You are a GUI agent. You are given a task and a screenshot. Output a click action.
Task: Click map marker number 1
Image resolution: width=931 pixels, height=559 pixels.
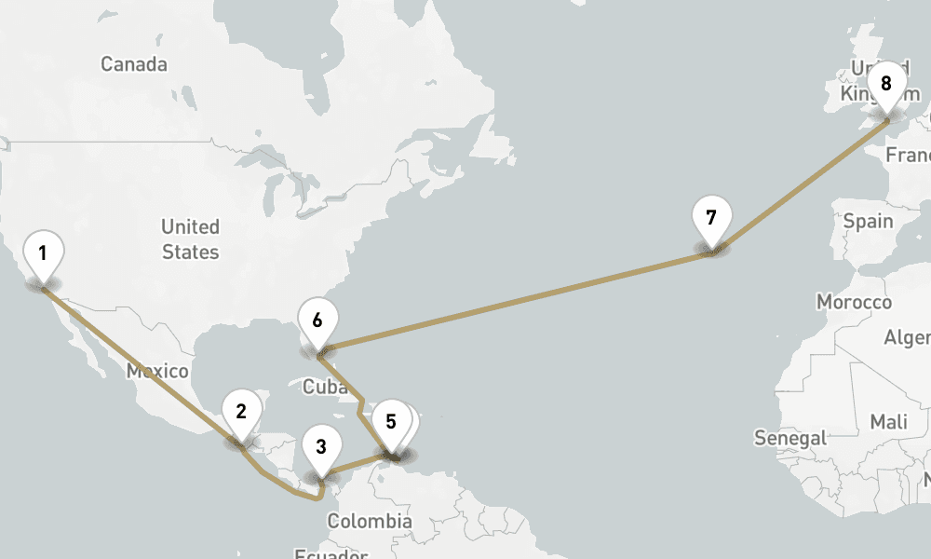[42, 253]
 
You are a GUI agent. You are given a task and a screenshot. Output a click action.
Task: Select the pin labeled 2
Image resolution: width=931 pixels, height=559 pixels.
[241, 411]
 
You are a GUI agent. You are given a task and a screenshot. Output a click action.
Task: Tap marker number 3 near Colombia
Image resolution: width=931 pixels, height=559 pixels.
[321, 446]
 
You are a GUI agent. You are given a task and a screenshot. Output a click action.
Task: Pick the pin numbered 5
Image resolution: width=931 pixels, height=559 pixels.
[391, 422]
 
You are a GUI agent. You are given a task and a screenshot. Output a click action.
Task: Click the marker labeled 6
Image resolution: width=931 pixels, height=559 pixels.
[317, 321]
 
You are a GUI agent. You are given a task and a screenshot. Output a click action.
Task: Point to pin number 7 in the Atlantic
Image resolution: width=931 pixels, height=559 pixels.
[711, 219]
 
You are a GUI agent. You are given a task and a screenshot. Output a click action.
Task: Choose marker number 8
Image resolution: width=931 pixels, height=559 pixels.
[885, 85]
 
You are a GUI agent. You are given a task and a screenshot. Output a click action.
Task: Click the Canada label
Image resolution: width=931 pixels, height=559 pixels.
[134, 64]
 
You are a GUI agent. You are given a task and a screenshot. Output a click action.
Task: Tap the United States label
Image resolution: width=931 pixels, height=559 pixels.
[190, 239]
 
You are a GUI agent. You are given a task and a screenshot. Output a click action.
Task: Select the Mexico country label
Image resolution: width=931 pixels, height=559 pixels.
[157, 372]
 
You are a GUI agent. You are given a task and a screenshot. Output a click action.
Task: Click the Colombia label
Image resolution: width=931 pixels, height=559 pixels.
[369, 521]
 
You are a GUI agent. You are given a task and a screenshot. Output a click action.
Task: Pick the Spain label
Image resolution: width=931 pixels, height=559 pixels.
[868, 222]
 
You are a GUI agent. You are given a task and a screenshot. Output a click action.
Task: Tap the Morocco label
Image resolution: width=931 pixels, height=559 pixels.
[854, 302]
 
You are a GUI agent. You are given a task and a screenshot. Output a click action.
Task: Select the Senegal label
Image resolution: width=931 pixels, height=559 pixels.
[791, 437]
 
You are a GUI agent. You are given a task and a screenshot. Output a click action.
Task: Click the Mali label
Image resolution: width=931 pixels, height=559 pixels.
[888, 422]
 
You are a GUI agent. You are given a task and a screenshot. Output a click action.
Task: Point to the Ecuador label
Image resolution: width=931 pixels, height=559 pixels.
[332, 553]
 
